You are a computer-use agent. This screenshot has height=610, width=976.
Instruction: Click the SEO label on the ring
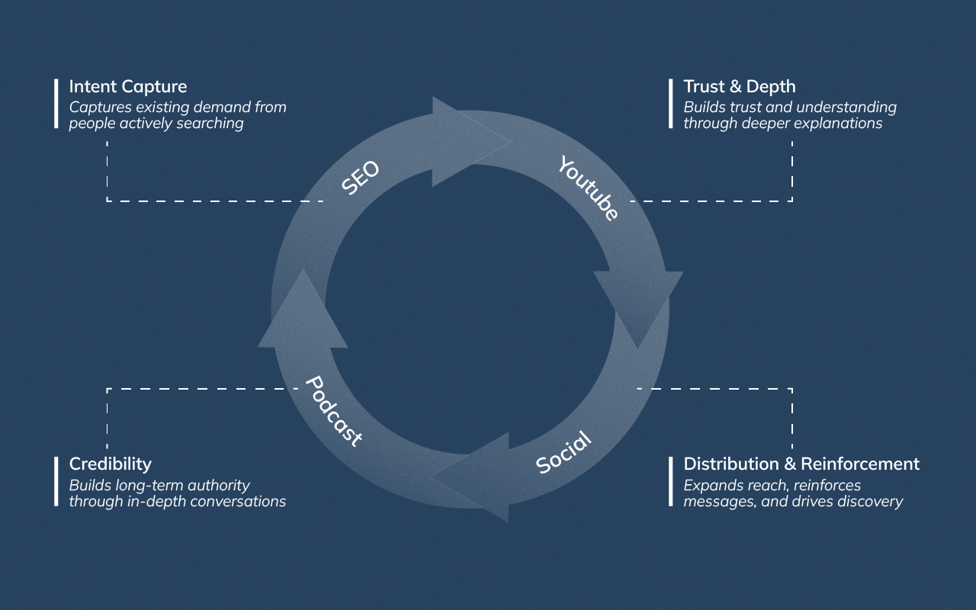pos(360,178)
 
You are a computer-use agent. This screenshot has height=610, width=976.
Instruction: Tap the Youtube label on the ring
pos(587,188)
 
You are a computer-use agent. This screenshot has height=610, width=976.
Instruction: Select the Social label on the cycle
pos(563,452)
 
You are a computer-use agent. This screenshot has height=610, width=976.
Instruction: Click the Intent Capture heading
pos(127,86)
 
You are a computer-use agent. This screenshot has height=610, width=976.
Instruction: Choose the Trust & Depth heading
pos(739,86)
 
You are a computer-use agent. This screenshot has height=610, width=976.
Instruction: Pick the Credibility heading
pos(110,464)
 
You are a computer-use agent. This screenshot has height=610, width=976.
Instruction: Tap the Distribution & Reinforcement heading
pos(801,464)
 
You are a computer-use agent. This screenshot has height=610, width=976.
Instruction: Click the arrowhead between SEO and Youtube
pos(465,141)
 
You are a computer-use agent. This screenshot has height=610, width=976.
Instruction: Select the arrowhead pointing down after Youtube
pos(638,305)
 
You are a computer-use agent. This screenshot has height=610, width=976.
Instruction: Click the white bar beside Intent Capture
pos(56,103)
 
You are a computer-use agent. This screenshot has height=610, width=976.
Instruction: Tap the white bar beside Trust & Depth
pos(671,103)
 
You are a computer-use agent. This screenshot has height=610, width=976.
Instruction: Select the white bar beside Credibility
pos(56,481)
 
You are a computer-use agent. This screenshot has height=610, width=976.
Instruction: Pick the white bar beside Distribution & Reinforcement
pos(671,481)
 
